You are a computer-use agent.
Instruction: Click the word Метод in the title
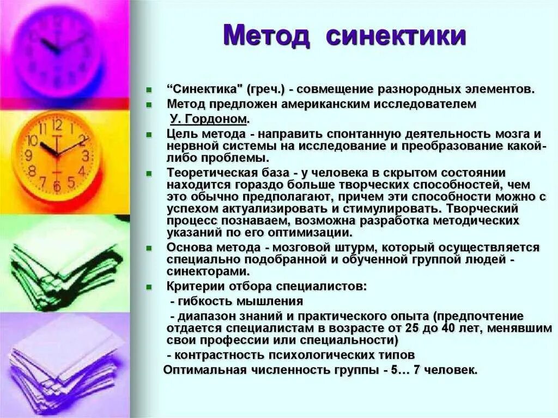(x=267, y=36)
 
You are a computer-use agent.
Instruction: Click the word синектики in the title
(x=396, y=36)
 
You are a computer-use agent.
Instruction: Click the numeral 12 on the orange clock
(x=57, y=125)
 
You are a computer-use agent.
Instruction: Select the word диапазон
(x=204, y=316)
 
